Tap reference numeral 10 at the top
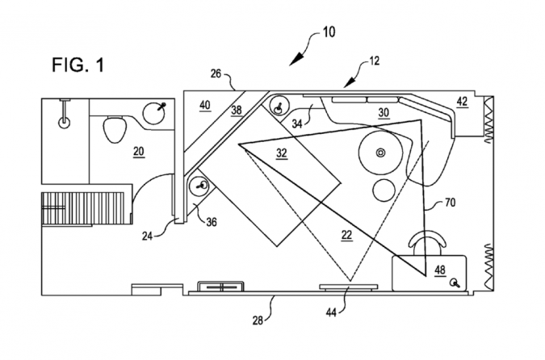click(328, 33)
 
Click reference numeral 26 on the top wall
click(216, 74)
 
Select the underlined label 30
click(383, 114)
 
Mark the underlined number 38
click(237, 111)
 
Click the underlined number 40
click(205, 104)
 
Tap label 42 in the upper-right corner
click(461, 103)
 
